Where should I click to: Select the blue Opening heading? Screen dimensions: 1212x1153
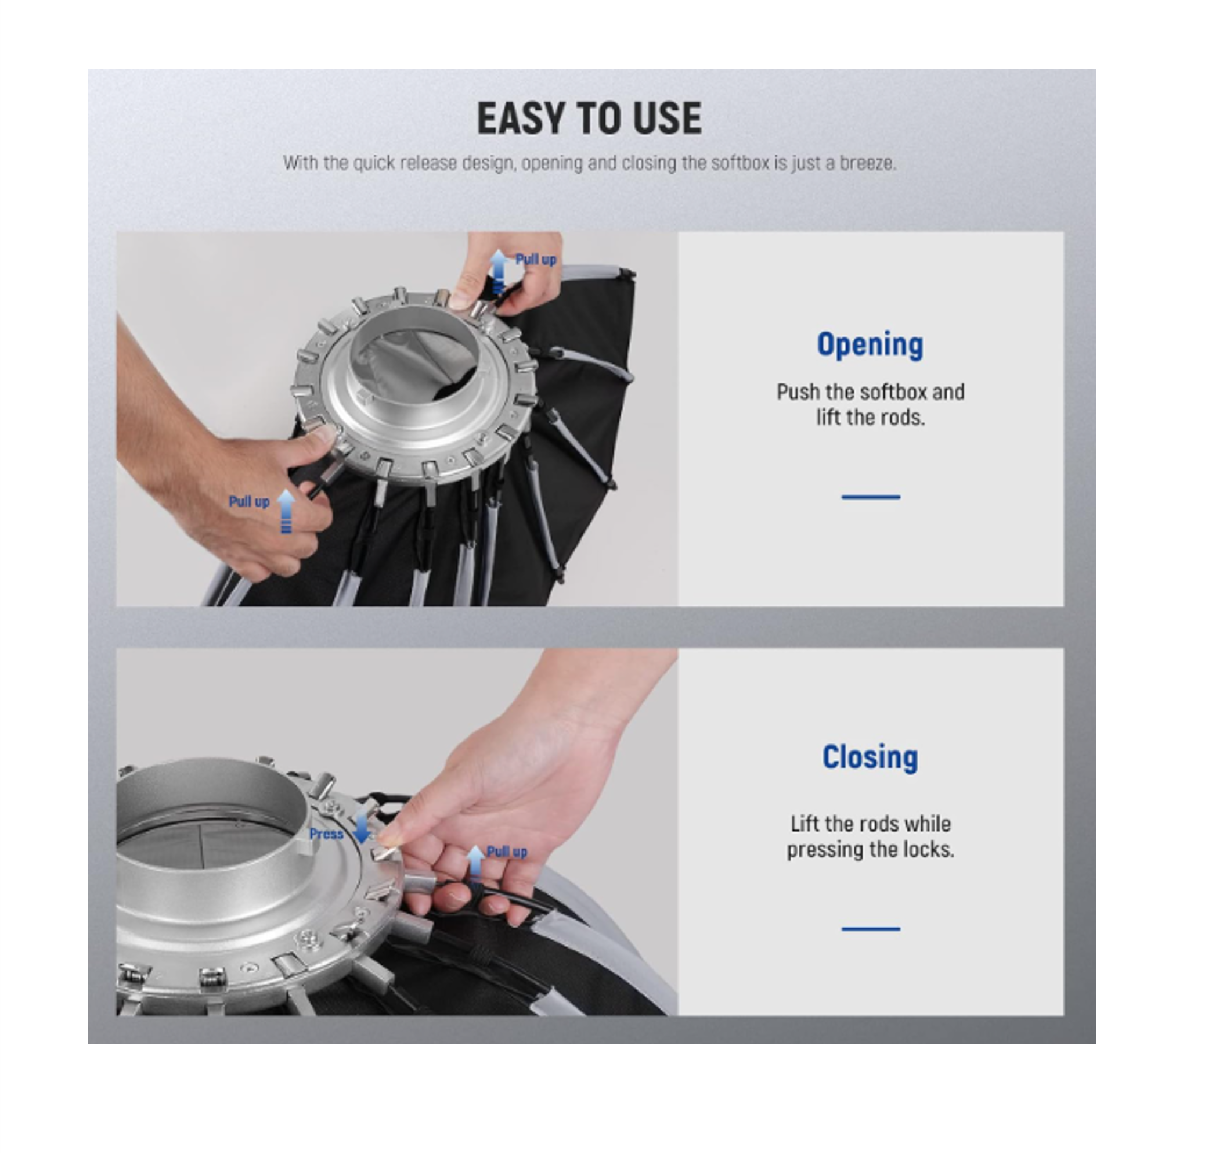(x=870, y=346)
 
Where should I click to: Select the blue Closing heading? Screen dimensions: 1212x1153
(x=871, y=757)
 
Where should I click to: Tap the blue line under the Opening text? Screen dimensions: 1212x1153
(x=871, y=497)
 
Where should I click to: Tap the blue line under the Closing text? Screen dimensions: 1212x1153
(x=871, y=929)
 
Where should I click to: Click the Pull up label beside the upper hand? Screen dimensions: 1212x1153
(x=536, y=260)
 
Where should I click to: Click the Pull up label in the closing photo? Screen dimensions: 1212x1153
(x=507, y=852)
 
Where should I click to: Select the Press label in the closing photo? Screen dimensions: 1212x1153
(x=326, y=834)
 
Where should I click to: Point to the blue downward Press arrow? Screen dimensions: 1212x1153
(x=363, y=825)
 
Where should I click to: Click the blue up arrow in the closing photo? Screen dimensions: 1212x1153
(x=475, y=864)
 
